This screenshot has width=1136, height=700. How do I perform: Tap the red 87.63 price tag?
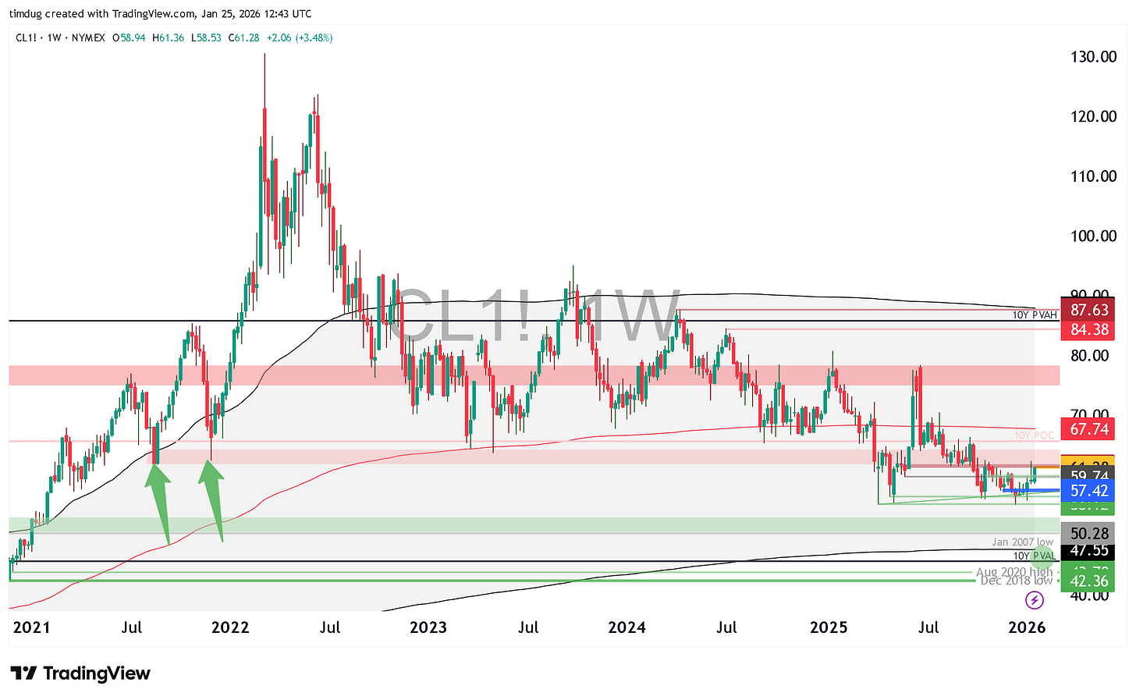(x=1088, y=310)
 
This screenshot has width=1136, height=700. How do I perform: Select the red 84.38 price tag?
(x=1088, y=329)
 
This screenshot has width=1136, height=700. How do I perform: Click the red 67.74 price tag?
(x=1088, y=429)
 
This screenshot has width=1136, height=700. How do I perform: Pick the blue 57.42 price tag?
(x=1088, y=491)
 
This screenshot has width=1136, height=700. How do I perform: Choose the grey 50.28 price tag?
(x=1088, y=534)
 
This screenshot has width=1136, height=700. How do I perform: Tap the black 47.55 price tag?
(x=1088, y=550)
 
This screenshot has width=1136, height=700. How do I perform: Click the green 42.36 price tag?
(x=1088, y=581)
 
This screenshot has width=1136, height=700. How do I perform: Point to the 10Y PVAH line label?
(x=1035, y=315)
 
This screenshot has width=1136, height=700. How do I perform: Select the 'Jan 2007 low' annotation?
(x=1022, y=542)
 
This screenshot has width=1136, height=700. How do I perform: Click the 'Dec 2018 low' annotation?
(x=1016, y=581)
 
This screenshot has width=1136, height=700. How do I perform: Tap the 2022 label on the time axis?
(x=230, y=627)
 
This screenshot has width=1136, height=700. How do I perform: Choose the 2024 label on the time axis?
(x=627, y=627)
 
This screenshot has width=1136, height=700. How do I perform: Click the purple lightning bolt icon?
(x=1034, y=600)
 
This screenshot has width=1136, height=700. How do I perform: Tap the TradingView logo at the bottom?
(x=80, y=673)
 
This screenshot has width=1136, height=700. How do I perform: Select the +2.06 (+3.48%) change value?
(x=300, y=37)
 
